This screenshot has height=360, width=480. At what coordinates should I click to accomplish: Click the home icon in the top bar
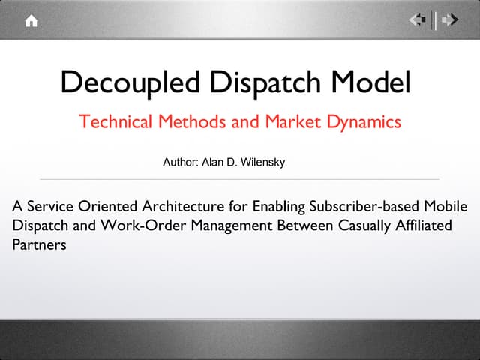[31, 21]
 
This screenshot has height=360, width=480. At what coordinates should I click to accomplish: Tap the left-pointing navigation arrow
[418, 20]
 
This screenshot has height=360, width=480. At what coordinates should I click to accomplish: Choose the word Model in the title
[376, 81]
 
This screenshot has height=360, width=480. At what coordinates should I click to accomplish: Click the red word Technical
[115, 121]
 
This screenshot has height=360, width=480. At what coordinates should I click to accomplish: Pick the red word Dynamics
[364, 121]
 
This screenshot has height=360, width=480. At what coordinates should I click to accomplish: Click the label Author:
[178, 161]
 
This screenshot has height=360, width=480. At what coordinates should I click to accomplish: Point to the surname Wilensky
[262, 161]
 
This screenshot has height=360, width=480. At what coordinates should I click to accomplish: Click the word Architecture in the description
[172, 205]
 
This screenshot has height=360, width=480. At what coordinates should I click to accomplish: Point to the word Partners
[40, 244]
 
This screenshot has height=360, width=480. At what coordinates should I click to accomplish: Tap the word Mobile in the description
[443, 205]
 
